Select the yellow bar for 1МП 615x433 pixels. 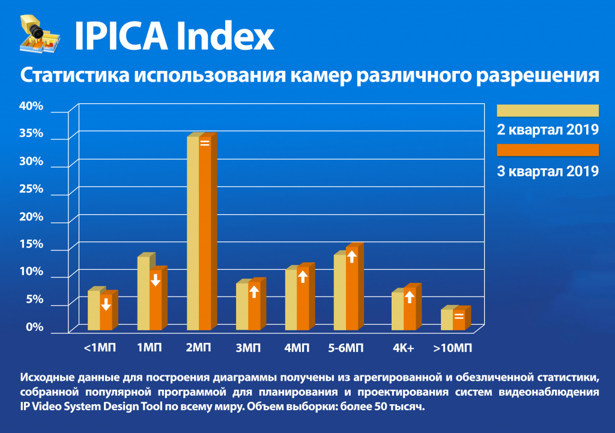(144, 294)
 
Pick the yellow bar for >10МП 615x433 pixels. (446, 319)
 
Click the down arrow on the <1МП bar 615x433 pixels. (106, 304)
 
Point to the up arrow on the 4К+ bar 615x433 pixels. (410, 297)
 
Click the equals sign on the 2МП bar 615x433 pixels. (205, 143)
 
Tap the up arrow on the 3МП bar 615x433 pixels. (254, 292)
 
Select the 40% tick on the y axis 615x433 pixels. (32, 106)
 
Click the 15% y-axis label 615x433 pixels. (32, 244)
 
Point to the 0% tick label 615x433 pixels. (34, 327)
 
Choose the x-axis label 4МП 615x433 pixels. (297, 348)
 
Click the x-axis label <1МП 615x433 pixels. (100, 348)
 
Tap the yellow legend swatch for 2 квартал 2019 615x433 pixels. (547, 111)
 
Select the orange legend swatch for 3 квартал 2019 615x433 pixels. (547, 150)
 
